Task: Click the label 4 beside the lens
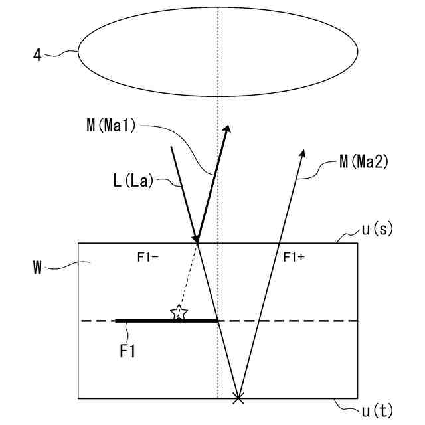pos(37,55)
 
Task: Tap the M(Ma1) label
pos(111,126)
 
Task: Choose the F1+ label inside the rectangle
pos(294,257)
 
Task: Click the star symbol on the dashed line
pos(178,313)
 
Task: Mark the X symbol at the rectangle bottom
pos(238,398)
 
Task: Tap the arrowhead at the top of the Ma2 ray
pos(302,154)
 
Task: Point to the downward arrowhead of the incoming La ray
pos(195,237)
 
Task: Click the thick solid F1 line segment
pos(166,321)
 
